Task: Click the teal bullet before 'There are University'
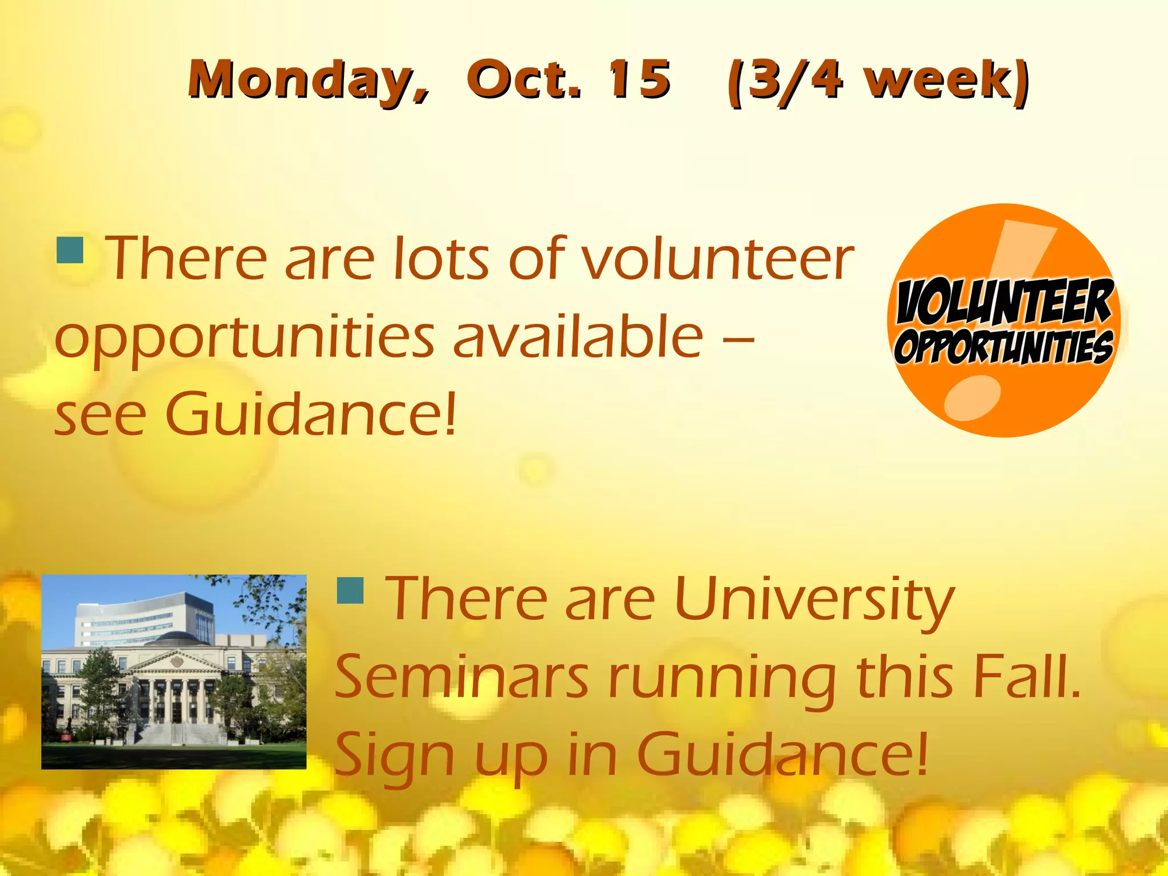[x=350, y=591]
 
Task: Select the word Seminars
[x=461, y=678]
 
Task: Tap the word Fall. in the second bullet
[x=1027, y=676]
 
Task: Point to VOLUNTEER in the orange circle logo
[x=1004, y=302]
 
